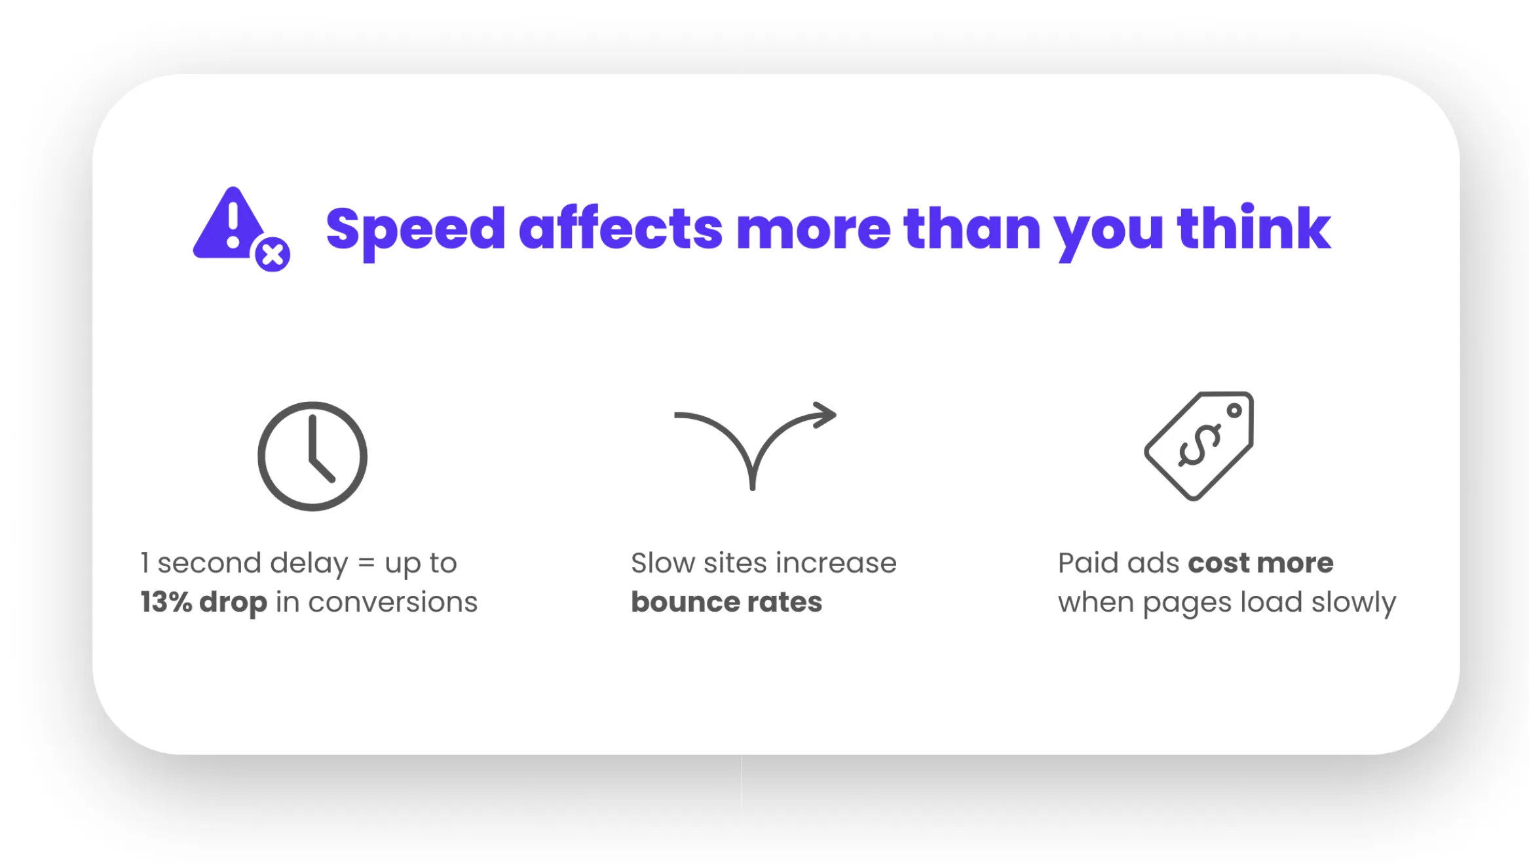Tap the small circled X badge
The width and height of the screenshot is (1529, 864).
273,254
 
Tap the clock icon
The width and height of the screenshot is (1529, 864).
312,456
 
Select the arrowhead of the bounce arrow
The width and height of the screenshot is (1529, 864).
824,415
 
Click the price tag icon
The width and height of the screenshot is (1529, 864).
1199,446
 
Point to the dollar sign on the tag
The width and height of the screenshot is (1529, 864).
1199,446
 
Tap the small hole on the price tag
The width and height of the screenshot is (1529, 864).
1234,411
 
